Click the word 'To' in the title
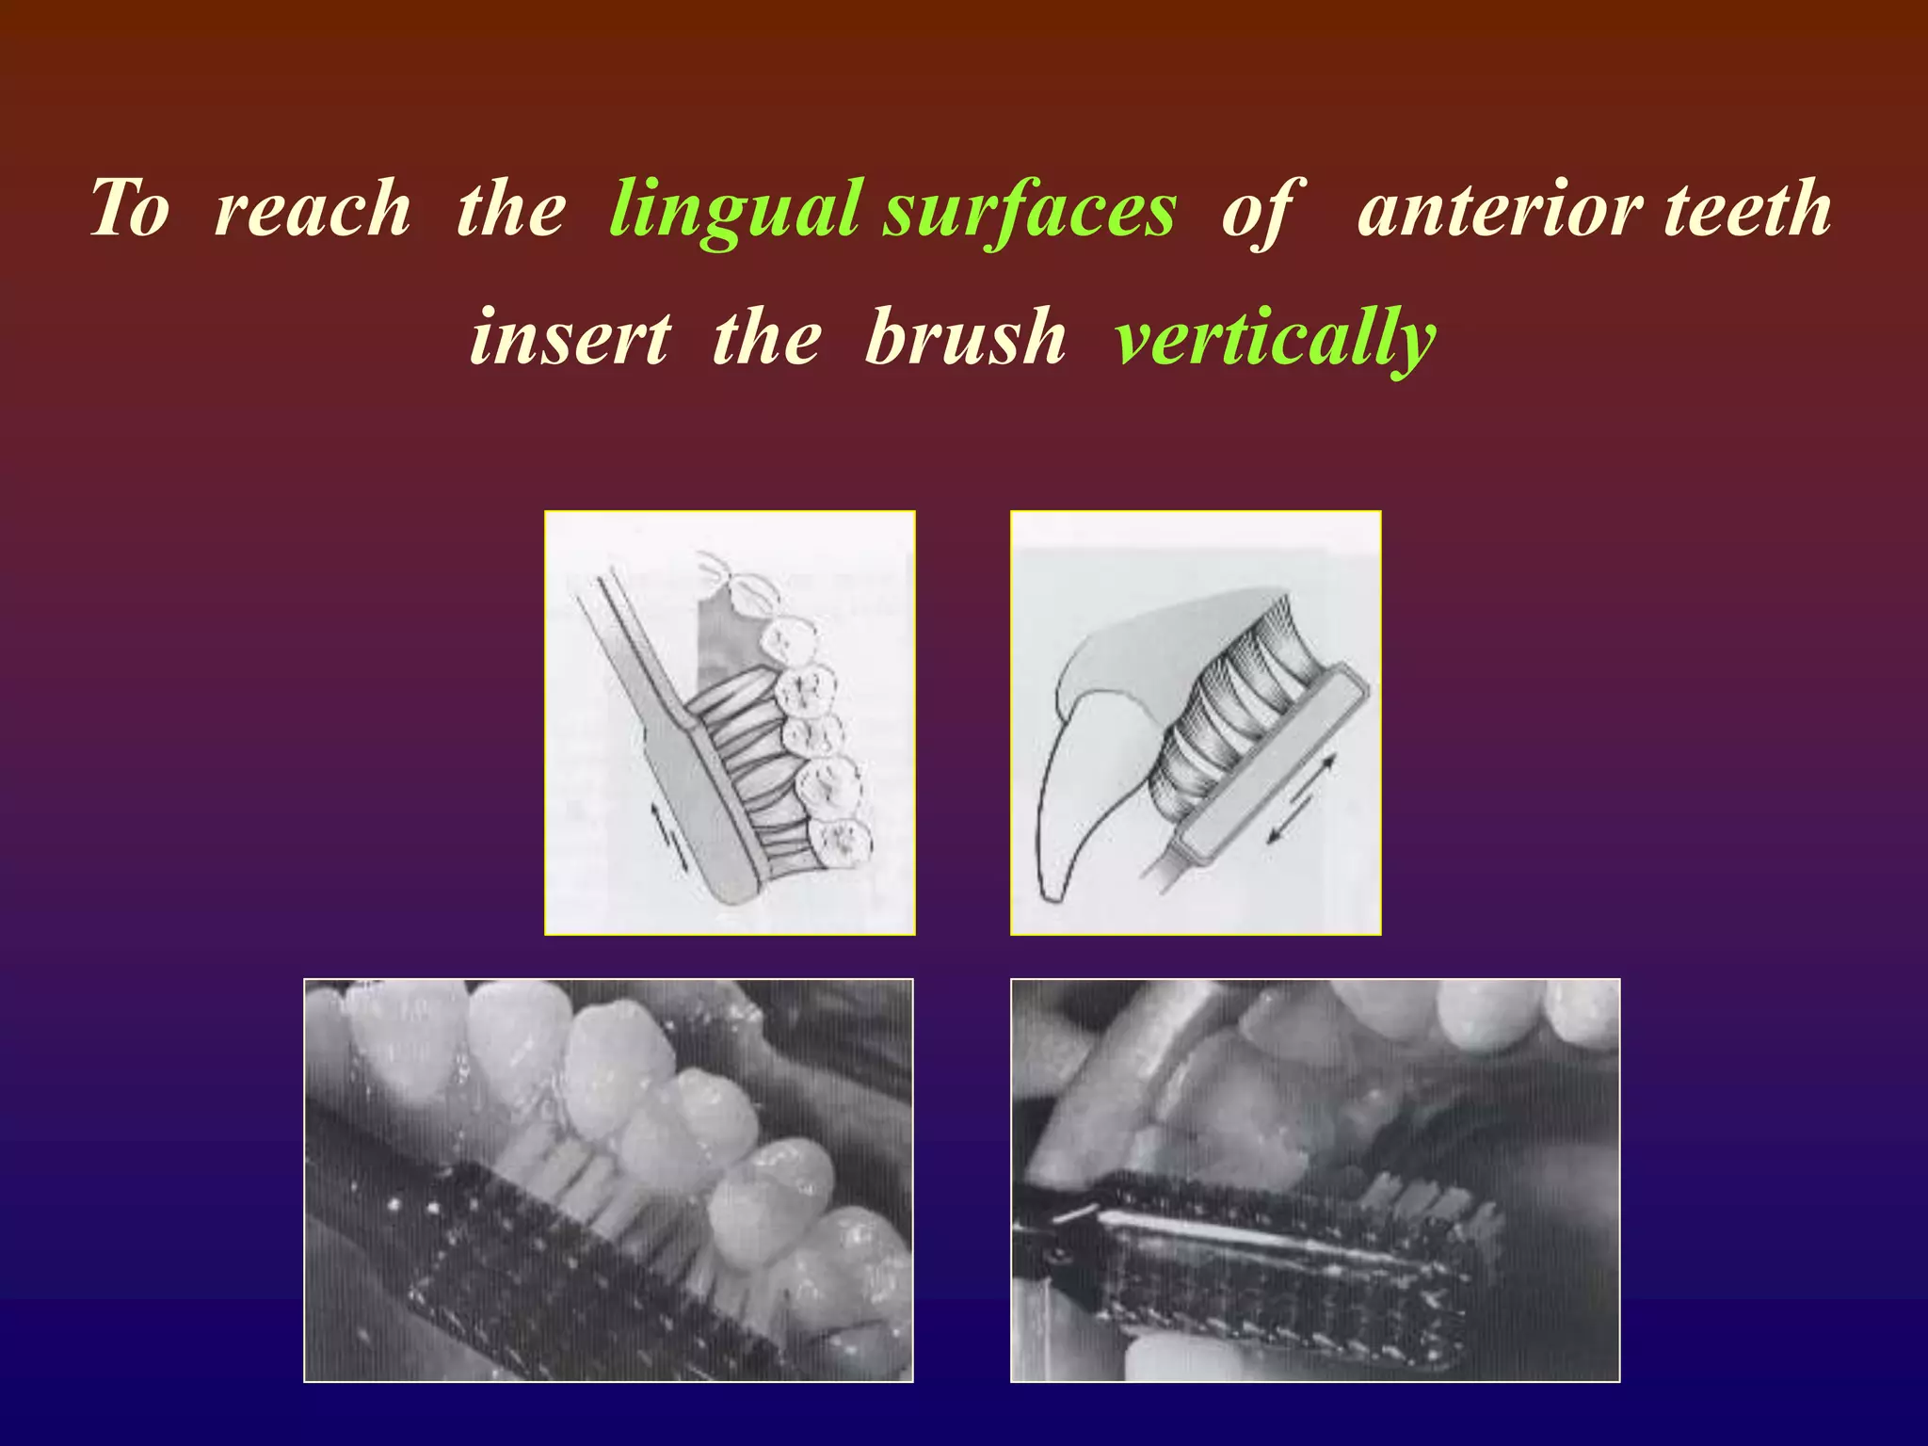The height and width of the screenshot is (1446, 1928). [x=130, y=209]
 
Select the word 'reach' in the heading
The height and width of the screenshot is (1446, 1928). [x=312, y=209]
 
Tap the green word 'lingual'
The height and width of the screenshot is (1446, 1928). [x=734, y=209]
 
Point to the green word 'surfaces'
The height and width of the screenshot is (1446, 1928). [x=1029, y=209]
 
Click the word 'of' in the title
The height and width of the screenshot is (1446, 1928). [x=1261, y=209]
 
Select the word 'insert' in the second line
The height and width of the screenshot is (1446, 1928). [x=570, y=337]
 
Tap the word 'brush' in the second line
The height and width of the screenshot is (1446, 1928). [x=965, y=337]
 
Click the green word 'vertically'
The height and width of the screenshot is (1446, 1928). [x=1275, y=337]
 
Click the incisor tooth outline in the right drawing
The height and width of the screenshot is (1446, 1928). [x=1083, y=800]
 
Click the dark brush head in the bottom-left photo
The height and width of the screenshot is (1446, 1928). [x=565, y=1261]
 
